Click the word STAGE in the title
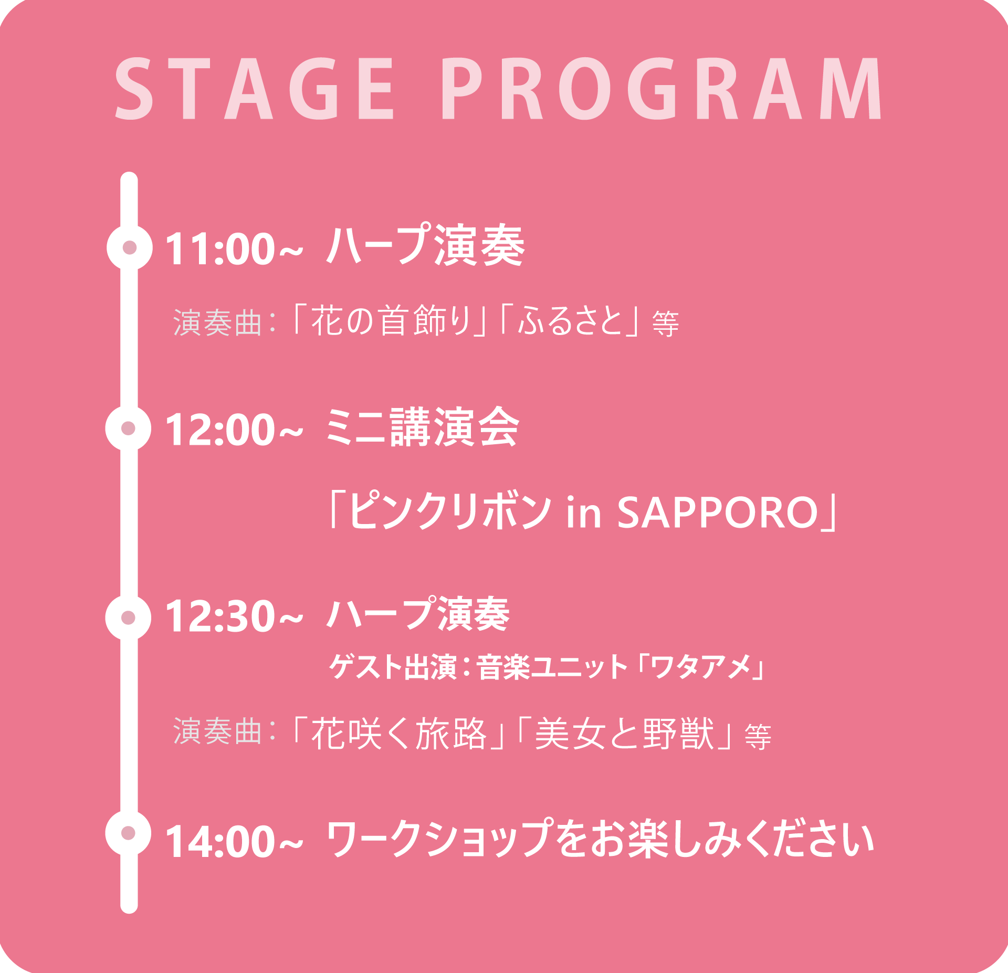pyautogui.click(x=255, y=89)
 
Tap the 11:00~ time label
pyautogui.click(x=234, y=248)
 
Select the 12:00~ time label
pyautogui.click(x=234, y=430)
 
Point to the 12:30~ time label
pyautogui.click(x=234, y=616)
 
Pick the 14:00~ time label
pyautogui.click(x=234, y=841)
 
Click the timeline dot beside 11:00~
pyautogui.click(x=130, y=247)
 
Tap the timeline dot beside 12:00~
pyautogui.click(x=128, y=428)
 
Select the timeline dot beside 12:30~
pyautogui.click(x=128, y=618)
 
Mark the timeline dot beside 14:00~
pyautogui.click(x=128, y=833)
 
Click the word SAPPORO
pyautogui.click(x=718, y=512)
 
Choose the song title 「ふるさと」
pyautogui.click(x=570, y=320)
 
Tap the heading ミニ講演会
pyautogui.click(x=422, y=427)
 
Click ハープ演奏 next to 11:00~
pyautogui.click(x=425, y=245)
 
